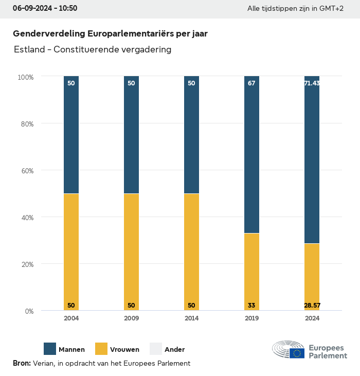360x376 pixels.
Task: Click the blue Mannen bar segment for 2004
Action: [71, 135]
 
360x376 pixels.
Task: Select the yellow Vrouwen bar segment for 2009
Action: [131, 252]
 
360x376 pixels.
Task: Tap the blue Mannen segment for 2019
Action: [251, 154]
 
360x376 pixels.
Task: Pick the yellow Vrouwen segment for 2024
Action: [312, 277]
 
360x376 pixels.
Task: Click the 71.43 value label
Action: [312, 83]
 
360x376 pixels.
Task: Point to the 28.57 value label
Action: [312, 306]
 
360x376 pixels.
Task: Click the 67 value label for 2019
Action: [251, 83]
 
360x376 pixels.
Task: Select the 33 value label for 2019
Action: [251, 306]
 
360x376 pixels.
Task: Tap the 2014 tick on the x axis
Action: [191, 318]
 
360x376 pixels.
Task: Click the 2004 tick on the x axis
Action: [71, 318]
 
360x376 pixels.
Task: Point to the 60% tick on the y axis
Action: [26, 171]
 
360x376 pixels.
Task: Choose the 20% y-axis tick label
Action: [26, 264]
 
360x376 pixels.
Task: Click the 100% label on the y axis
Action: [25, 77]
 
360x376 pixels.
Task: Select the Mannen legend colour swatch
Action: [50, 349]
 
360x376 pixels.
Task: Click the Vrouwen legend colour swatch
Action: [101, 349]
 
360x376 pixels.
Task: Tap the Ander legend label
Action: [174, 350]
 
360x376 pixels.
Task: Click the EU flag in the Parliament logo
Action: [297, 353]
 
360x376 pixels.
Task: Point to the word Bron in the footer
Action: [22, 363]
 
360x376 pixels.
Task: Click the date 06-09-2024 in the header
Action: [32, 9]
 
